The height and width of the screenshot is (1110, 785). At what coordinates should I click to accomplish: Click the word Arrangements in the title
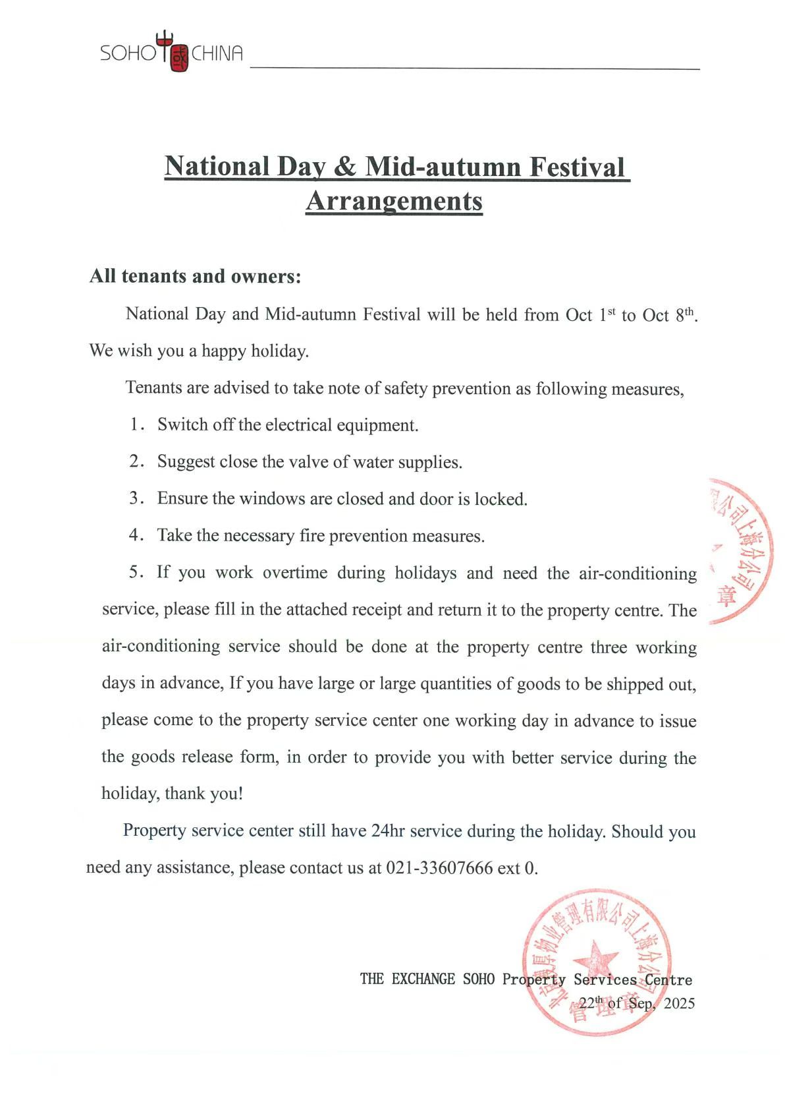pos(394,201)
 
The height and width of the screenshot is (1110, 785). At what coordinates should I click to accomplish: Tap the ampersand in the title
pos(344,166)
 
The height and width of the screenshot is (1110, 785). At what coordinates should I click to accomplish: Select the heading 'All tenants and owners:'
pos(195,276)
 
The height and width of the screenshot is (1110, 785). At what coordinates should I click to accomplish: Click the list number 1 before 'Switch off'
pos(135,424)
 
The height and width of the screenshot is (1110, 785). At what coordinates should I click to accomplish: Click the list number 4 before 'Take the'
pos(135,535)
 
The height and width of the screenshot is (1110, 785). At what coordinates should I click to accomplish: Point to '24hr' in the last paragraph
pos(388,831)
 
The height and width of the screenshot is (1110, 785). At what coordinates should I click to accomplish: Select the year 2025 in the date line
pos(679,1003)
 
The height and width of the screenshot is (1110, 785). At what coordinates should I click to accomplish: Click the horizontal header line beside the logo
pos(474,69)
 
